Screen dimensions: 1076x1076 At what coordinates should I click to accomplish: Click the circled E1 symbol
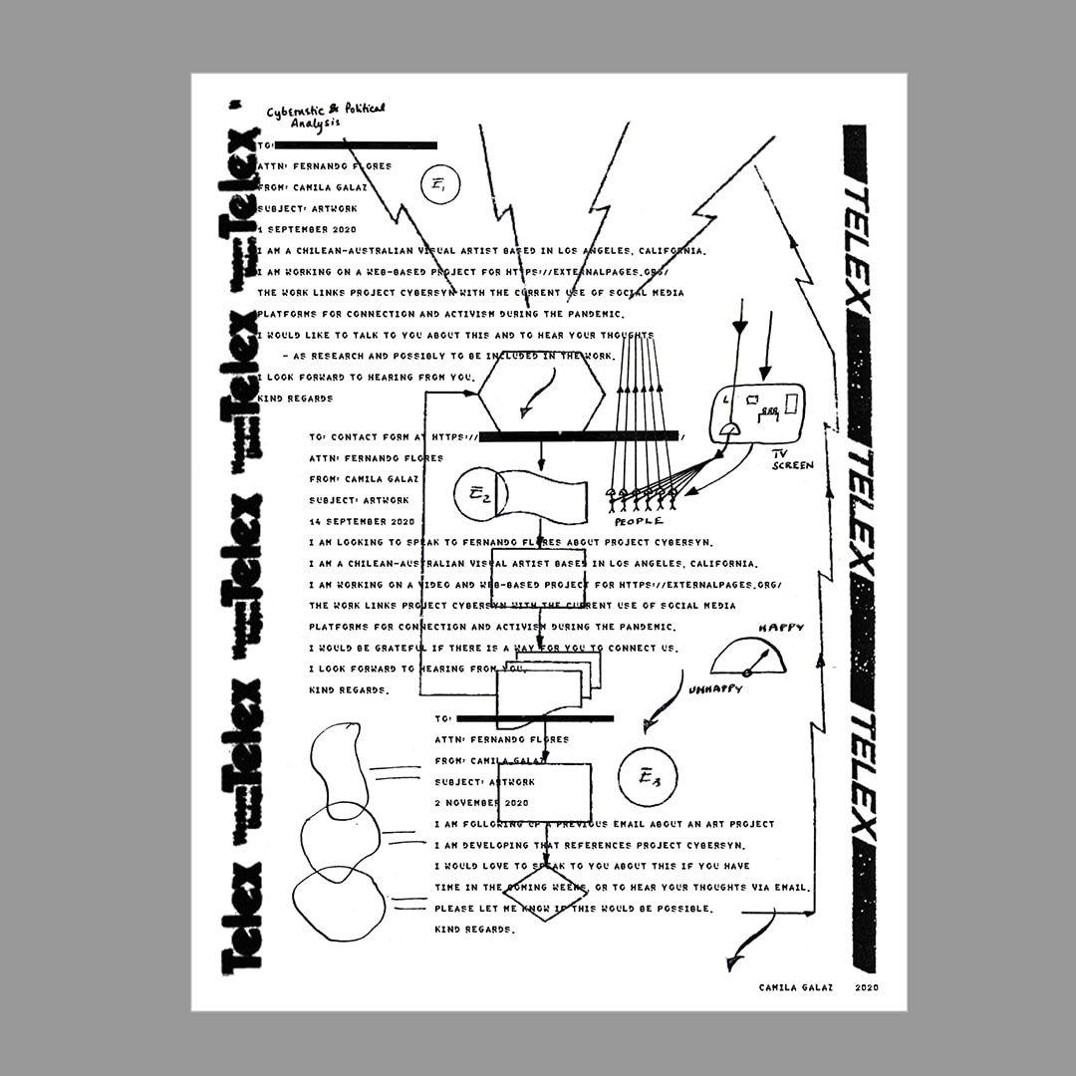pyautogui.click(x=440, y=185)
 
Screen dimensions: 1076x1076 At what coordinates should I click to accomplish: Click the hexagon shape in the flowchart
pyautogui.click(x=541, y=392)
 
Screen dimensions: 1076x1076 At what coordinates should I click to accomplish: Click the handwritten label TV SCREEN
pyautogui.click(x=792, y=459)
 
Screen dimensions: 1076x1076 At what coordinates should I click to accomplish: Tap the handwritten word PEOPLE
pyautogui.click(x=639, y=521)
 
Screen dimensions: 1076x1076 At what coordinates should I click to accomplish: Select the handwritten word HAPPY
pyautogui.click(x=780, y=628)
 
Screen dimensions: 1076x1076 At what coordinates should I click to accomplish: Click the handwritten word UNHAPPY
pyautogui.click(x=714, y=688)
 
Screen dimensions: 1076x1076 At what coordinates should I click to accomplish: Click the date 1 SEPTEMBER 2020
pyautogui.click(x=306, y=229)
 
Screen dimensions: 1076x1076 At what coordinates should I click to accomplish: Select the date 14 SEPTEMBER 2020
pyautogui.click(x=362, y=521)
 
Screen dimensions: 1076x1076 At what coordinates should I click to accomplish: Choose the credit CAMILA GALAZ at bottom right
pyautogui.click(x=794, y=987)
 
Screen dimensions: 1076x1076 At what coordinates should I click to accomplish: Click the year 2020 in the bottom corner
pyautogui.click(x=866, y=987)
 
